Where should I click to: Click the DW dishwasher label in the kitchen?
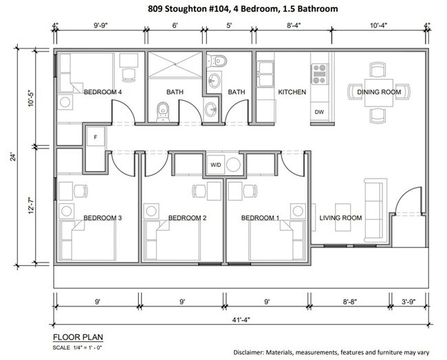pos(319,112)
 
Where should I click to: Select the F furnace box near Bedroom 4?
pos(96,137)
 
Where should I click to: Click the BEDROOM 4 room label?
pos(102,92)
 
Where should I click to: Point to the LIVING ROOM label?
pos(340,218)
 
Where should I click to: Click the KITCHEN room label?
pos(292,92)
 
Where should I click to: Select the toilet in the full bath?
pos(163,110)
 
